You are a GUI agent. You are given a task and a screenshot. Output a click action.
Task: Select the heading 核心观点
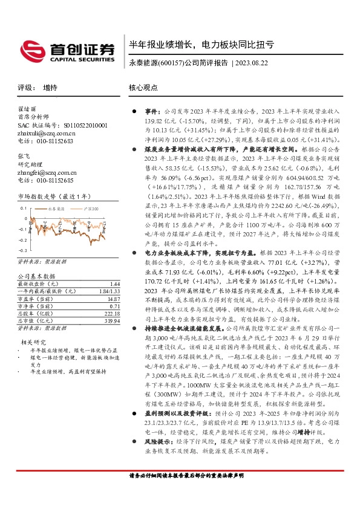point(142,88)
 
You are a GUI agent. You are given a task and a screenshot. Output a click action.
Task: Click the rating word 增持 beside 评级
point(50,88)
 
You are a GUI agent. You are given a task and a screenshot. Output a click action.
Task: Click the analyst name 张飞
point(24,156)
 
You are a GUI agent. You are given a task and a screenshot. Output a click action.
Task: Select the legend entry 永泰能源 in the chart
point(54,209)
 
